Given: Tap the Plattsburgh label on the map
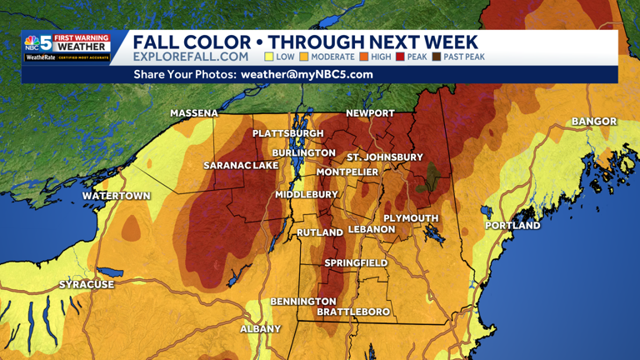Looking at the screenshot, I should pos(288,133).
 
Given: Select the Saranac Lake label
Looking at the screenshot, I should pos(241,166).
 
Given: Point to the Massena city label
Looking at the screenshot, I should pos(194,112).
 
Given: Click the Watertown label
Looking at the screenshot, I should pos(117,196).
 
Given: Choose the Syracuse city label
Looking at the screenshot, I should pos(87,284).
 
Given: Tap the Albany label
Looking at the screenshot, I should pos(261,329).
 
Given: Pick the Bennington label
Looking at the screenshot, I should pos(303,301).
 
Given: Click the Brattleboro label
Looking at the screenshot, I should pos(353,312).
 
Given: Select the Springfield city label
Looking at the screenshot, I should pos(356,262).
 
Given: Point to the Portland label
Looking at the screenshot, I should pos(512,225).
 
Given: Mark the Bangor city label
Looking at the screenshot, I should pos(594,122).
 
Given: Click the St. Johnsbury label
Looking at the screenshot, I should pos(385,157).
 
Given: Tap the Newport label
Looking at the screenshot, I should pos(371,112).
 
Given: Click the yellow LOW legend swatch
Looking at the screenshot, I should pos(269,57).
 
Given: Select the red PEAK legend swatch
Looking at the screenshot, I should pos(400,57).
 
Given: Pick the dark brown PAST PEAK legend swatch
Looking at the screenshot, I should pos(437,57).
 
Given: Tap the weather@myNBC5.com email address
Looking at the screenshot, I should pos(307,74).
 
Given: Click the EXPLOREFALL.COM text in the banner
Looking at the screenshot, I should pos(191,57).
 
